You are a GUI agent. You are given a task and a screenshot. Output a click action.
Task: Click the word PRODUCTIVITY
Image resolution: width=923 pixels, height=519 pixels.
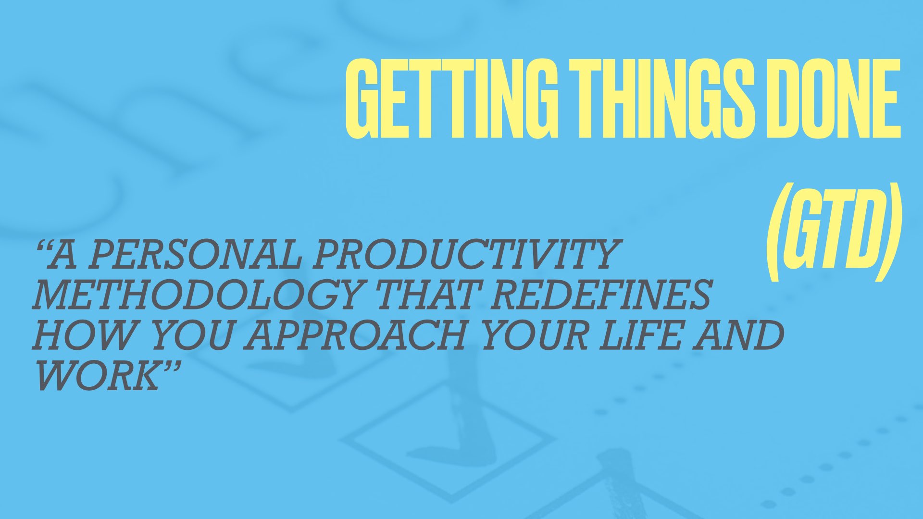point(464,255)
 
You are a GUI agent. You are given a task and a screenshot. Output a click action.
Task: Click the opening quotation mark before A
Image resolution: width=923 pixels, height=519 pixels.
point(45,248)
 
